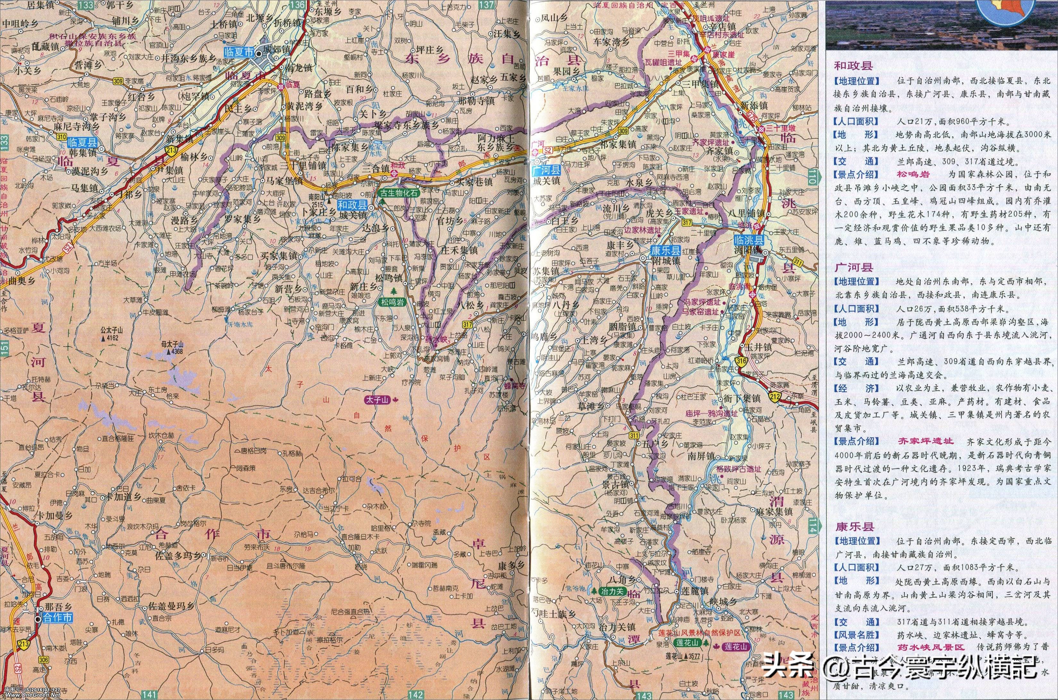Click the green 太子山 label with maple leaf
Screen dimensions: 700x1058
click(x=376, y=400)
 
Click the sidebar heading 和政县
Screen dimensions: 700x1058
click(x=854, y=66)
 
